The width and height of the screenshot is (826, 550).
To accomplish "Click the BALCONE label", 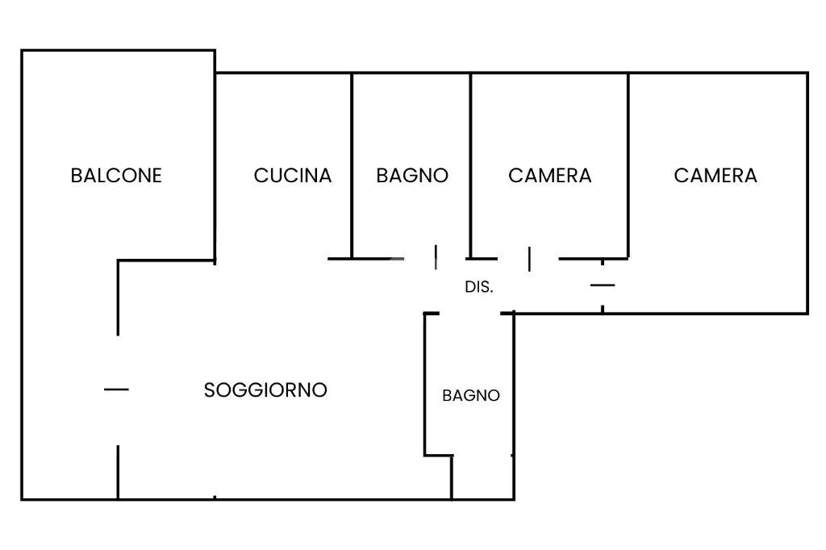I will tap(116, 175).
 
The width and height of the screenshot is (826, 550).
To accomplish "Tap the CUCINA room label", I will tap(293, 175).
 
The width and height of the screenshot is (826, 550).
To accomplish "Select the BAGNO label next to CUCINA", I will tap(412, 175).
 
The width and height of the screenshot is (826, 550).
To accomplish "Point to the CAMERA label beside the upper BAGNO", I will tap(550, 175).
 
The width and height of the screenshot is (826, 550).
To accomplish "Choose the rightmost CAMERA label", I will tap(715, 175).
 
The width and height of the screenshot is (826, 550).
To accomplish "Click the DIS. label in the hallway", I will tap(479, 286).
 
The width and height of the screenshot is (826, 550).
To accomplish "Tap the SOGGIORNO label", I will tap(265, 390).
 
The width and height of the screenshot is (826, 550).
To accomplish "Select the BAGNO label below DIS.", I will tap(471, 396).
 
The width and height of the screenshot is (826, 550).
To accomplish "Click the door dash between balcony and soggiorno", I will tap(116, 390).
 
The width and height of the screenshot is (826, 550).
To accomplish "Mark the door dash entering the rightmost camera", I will tap(603, 285).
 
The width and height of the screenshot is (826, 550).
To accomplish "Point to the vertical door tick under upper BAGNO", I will tap(436, 257).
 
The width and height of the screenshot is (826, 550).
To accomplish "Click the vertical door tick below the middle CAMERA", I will tap(529, 259).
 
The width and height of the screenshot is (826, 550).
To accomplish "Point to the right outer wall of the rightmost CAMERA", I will tap(807, 193).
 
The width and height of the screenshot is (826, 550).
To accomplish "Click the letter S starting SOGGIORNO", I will tap(210, 390).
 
